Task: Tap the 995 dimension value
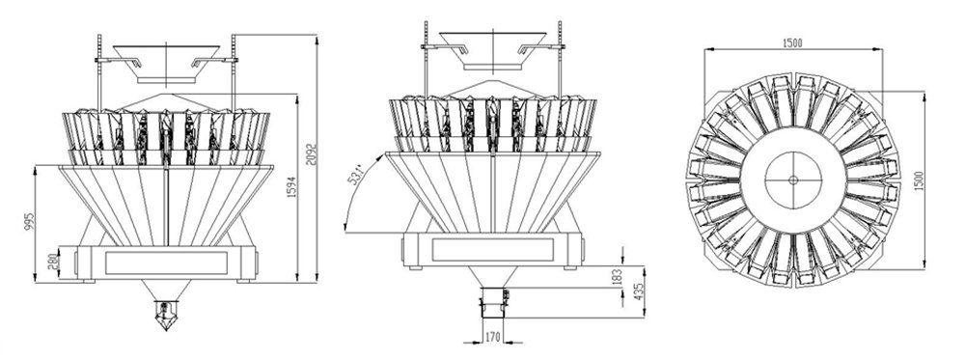pos(30,223)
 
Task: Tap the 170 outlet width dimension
pos(493,337)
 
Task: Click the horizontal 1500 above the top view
pos(793,42)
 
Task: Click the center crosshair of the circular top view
pos(793,180)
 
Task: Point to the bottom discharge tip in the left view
pos(166,313)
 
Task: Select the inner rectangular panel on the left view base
pos(166,262)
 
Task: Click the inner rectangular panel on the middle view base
pos(493,250)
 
